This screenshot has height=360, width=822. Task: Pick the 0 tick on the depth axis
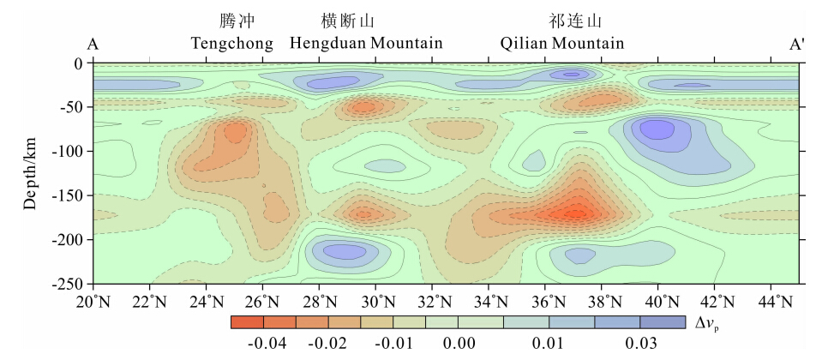click(78, 63)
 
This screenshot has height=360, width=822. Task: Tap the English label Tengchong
click(232, 43)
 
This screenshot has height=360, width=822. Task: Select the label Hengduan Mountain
click(366, 43)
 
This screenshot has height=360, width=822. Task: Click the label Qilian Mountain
click(562, 43)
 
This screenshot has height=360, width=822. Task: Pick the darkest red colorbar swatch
click(247, 322)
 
